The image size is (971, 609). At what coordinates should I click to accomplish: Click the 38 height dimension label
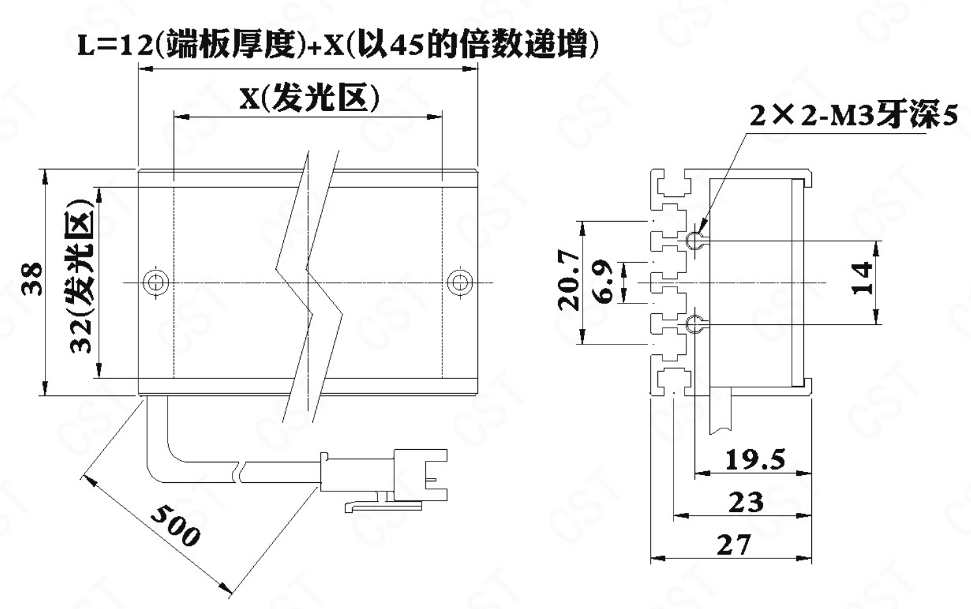click(x=32, y=279)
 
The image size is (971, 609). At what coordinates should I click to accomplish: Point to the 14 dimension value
click(x=862, y=278)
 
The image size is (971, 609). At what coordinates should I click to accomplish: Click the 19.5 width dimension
click(x=755, y=460)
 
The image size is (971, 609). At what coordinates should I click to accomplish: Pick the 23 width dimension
click(x=746, y=502)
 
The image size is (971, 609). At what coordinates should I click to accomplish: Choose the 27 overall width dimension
click(x=733, y=545)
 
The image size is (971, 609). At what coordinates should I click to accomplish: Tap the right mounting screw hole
click(x=460, y=282)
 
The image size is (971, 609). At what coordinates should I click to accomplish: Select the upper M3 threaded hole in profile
click(x=696, y=240)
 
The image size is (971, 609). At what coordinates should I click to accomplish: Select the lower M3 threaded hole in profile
click(x=696, y=324)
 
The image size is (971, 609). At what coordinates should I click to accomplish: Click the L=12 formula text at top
click(x=338, y=44)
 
